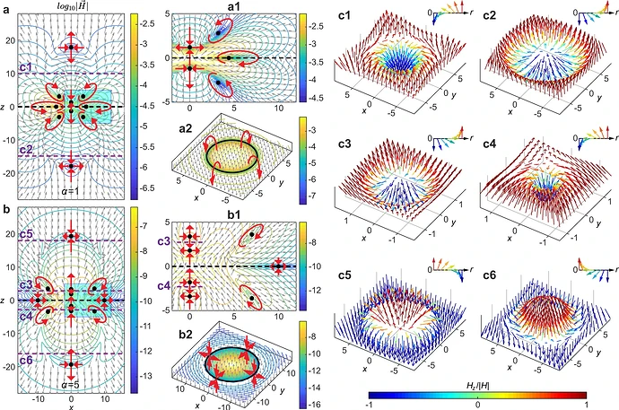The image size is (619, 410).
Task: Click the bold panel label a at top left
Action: coord(6,8)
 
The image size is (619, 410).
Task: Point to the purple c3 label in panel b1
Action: coord(164,241)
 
